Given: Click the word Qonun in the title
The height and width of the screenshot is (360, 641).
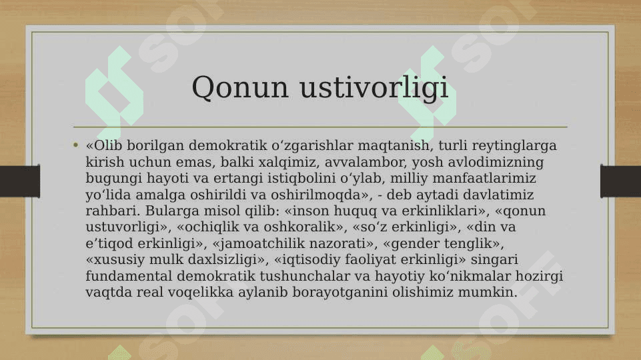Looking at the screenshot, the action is pyautogui.click(x=240, y=87).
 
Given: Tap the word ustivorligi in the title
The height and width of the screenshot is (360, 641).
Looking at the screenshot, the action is pyautogui.click(x=374, y=87).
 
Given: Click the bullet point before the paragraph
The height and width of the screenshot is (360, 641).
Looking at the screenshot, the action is pyautogui.click(x=75, y=145).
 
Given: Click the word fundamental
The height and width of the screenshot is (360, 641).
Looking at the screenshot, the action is pyautogui.click(x=129, y=276).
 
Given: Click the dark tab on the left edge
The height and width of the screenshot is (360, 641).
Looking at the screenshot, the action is pyautogui.click(x=20, y=181).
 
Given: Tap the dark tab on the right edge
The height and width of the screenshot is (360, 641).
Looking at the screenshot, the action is pyautogui.click(x=620, y=181).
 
